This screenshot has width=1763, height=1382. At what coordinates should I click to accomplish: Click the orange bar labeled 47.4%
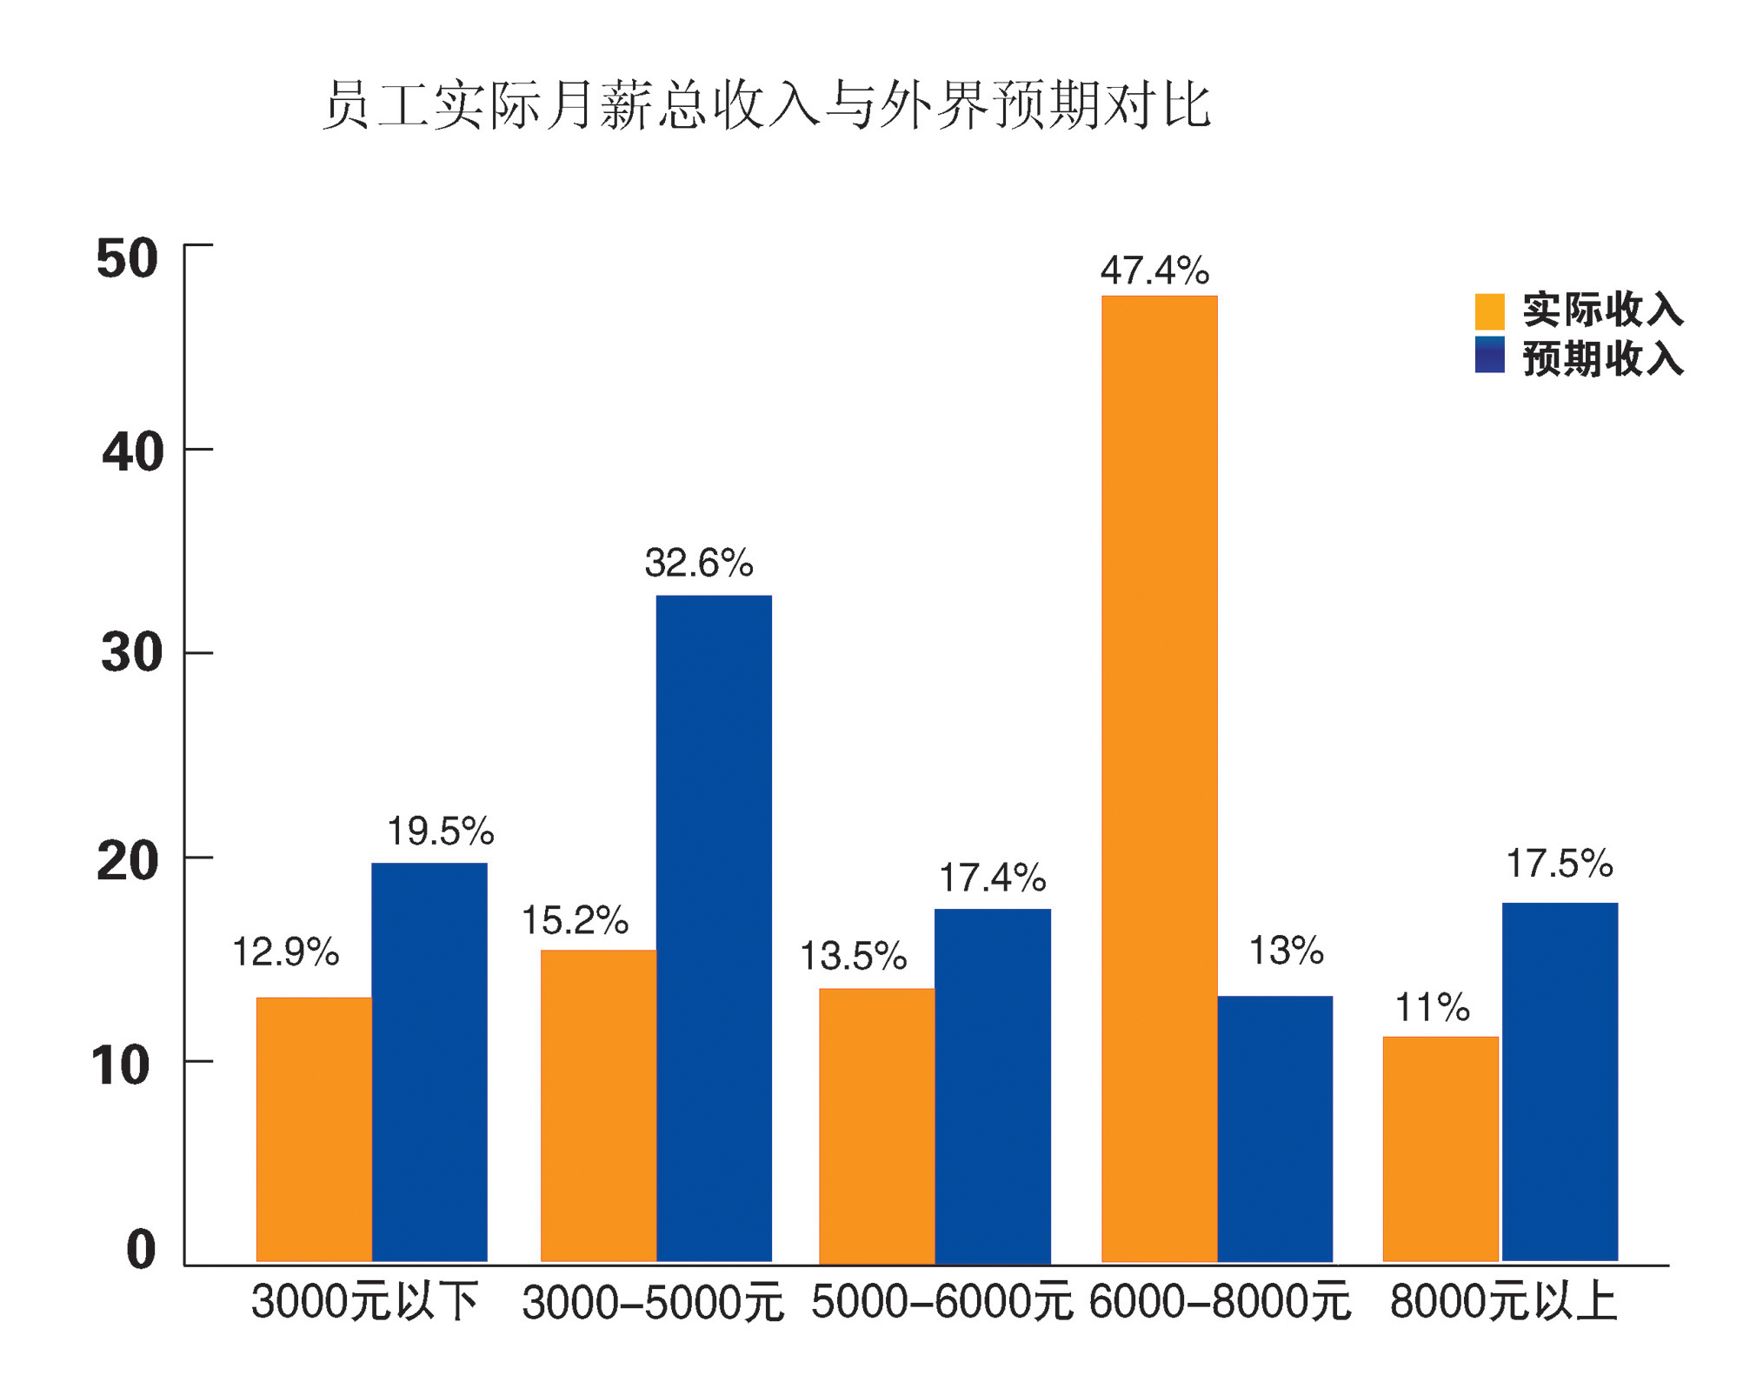point(1158,778)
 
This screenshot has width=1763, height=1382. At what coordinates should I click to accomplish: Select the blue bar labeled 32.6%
point(713,928)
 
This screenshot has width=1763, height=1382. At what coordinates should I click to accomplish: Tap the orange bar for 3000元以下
point(314,1129)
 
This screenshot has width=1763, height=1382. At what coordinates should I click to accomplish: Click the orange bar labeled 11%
point(1440,1148)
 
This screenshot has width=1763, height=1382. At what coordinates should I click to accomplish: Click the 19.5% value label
point(440,831)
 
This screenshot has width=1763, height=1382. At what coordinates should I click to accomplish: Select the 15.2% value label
point(575,920)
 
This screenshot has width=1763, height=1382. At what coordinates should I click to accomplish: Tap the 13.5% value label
point(853,957)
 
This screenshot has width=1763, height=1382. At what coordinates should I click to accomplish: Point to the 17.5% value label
point(1559,864)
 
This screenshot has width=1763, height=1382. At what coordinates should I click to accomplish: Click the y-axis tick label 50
point(127,258)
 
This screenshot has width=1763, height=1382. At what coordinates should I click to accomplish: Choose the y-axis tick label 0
point(141,1250)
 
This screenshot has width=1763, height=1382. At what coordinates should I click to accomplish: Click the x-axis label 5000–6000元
point(941,1303)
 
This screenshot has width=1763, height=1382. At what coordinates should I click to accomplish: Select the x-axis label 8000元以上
point(1503,1303)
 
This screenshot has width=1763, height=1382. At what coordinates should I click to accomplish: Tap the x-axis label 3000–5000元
point(653,1303)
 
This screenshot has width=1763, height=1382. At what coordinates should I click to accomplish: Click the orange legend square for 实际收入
point(1489,310)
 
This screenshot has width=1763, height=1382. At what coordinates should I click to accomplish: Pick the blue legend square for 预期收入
point(1489,355)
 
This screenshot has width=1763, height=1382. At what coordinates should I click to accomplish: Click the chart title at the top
point(767,106)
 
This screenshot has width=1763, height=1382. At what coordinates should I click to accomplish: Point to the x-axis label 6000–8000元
point(1220,1303)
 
